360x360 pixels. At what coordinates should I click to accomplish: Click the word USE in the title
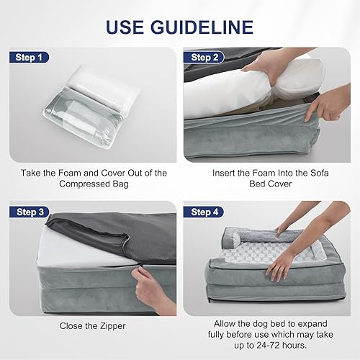tap(129, 27)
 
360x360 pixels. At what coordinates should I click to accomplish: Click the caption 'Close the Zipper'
tap(91, 325)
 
